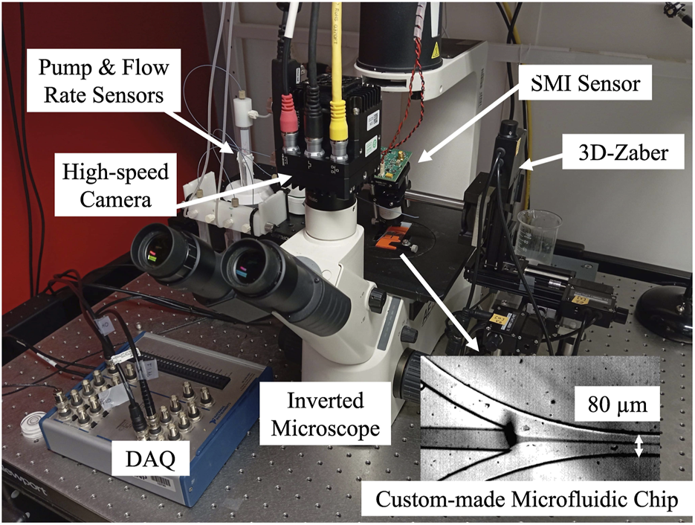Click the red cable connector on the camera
click(x=287, y=123)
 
